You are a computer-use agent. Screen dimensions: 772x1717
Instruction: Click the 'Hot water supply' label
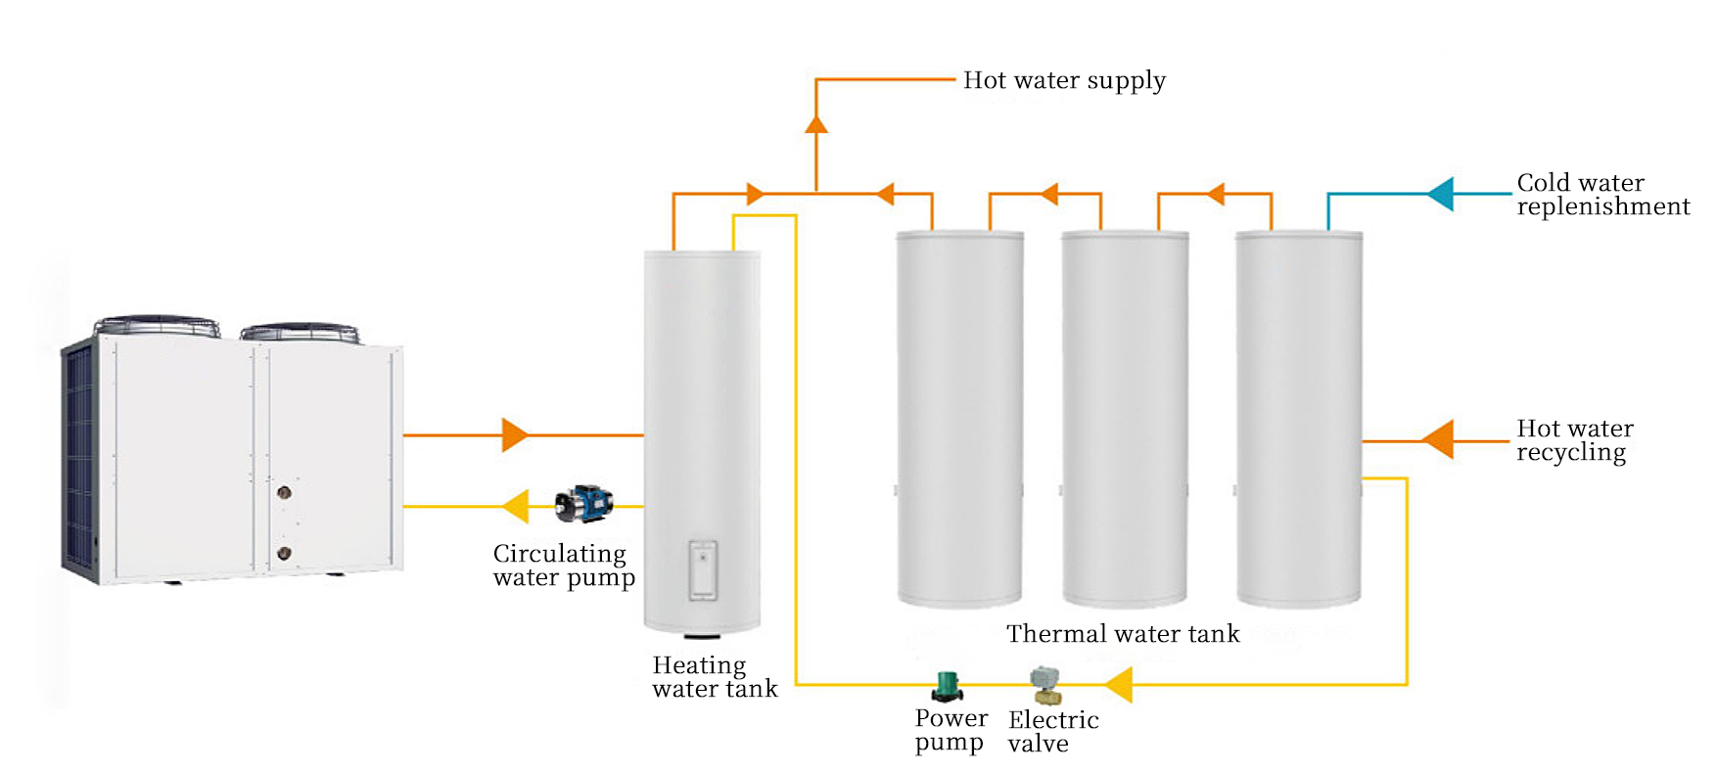[1064, 80]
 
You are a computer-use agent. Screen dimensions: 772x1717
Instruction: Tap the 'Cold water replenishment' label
[1601, 195]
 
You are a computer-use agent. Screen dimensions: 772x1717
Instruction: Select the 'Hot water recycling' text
[1574, 440]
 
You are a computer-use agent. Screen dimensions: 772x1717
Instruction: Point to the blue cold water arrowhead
[1441, 194]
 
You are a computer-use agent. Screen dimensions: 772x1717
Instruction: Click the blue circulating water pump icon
[583, 503]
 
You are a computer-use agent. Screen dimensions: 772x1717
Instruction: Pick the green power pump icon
[947, 687]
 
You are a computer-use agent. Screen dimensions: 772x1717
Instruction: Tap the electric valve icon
[1045, 685]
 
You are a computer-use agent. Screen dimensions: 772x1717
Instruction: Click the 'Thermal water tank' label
[1122, 634]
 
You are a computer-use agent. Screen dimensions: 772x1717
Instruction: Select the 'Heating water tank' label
[714, 677]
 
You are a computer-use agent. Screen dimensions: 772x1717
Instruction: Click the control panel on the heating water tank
[702, 569]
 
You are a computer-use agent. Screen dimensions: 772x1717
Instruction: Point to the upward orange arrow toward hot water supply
[816, 123]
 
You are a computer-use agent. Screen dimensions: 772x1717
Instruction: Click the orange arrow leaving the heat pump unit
[514, 434]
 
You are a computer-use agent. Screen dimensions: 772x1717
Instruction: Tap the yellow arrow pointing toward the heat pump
[516, 506]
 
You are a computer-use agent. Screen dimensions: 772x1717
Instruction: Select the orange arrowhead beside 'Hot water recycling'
[1438, 439]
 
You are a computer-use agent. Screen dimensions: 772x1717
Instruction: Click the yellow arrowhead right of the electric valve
[1119, 684]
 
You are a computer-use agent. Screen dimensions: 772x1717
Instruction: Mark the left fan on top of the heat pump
[157, 325]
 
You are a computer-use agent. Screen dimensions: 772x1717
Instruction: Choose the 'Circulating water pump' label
[563, 566]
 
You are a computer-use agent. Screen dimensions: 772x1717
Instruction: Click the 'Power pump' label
[951, 730]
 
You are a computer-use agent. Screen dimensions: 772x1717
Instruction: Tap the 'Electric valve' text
[1053, 732]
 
